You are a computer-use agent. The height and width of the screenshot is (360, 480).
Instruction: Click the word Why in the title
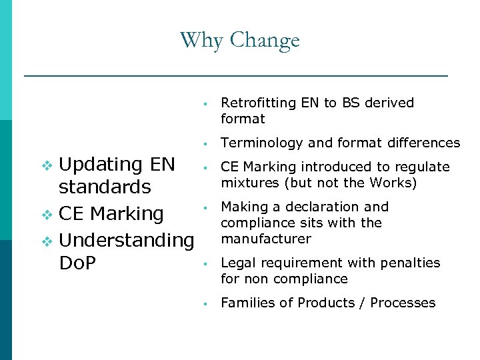point(202,40)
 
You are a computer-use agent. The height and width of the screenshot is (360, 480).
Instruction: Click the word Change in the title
point(265,41)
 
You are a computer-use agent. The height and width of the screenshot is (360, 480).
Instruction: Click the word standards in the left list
point(105,187)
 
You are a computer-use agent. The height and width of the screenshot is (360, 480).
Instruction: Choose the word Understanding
point(127,239)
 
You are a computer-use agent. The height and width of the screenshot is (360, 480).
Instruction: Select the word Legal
point(237,263)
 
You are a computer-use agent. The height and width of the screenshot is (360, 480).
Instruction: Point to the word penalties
point(411,263)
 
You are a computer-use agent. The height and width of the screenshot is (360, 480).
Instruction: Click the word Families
point(247,303)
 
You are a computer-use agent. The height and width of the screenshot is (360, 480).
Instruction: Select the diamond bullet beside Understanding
point(47,240)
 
